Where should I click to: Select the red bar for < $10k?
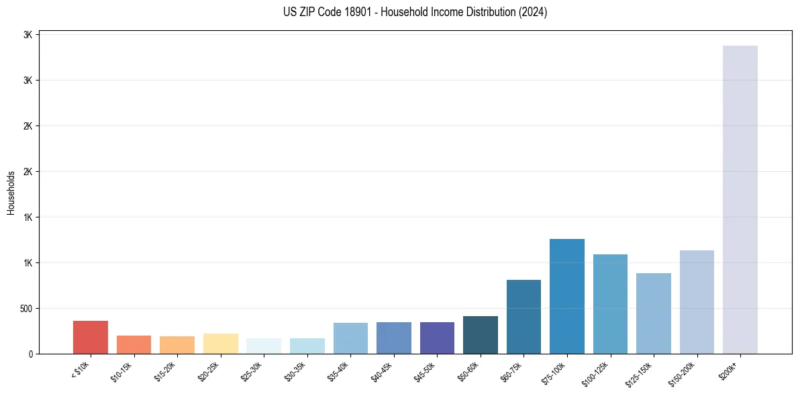[x=91, y=337]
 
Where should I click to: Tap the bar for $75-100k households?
[x=566, y=296]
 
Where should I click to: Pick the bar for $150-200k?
[x=697, y=302]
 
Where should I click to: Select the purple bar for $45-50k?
[x=437, y=338]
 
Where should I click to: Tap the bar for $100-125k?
[x=610, y=304]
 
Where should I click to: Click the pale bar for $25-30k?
[x=264, y=346]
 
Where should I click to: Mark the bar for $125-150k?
[x=653, y=313]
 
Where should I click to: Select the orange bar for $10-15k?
[x=134, y=344]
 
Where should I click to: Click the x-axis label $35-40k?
[x=338, y=371]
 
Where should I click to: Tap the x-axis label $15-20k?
[x=165, y=371]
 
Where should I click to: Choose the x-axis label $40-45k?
[x=382, y=371]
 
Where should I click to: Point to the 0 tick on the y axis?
[x=30, y=354]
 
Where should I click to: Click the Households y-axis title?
[x=11, y=193]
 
